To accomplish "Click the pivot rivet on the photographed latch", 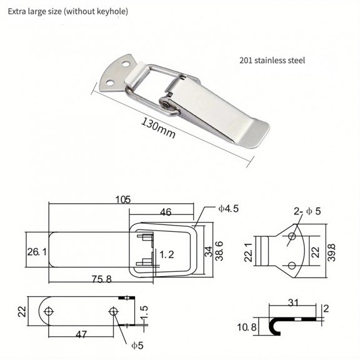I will [x=167, y=106].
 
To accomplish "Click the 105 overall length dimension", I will [x=122, y=199].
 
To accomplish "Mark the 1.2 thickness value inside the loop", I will [x=166, y=254].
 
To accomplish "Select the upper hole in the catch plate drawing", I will [x=291, y=236].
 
